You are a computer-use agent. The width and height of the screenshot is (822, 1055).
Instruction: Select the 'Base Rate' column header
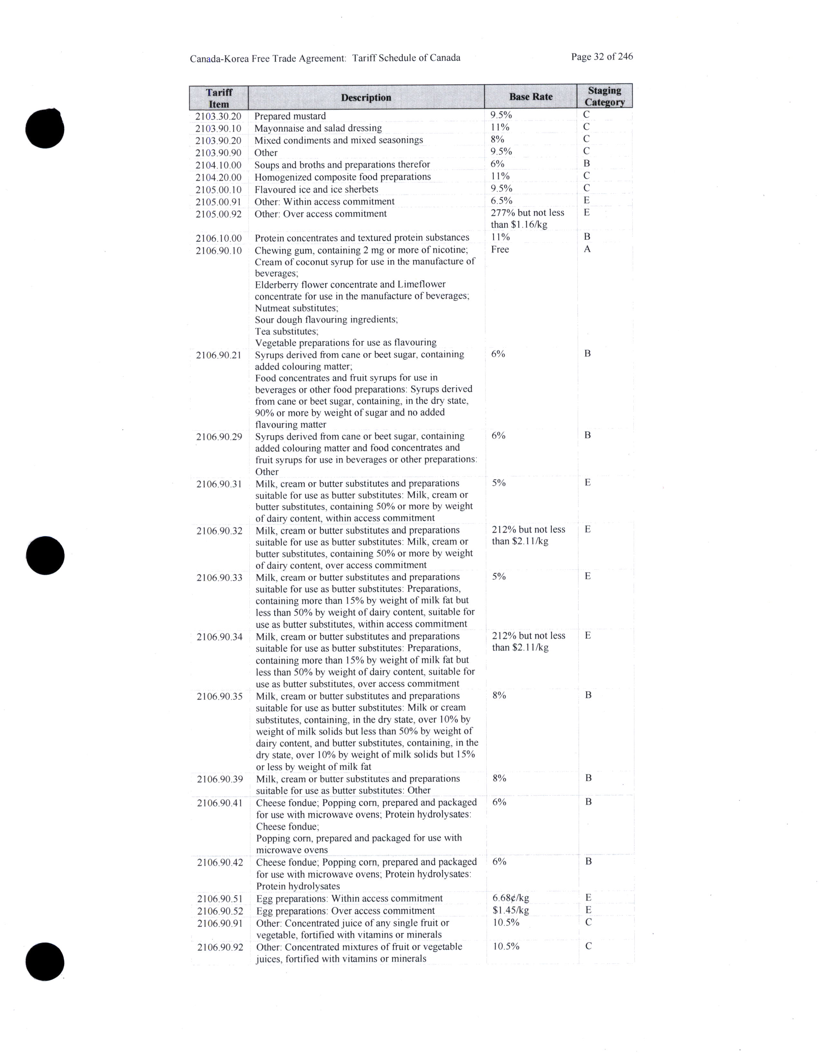[x=530, y=97]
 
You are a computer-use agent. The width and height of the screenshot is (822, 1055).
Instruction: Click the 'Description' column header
[x=366, y=98]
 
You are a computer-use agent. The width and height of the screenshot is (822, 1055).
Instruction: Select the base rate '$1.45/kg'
[x=510, y=910]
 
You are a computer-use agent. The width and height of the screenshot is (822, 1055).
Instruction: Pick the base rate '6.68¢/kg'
[x=510, y=898]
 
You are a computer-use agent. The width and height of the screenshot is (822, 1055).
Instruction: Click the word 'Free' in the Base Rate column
[x=500, y=249]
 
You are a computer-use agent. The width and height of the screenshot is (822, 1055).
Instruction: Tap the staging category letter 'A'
[x=587, y=249]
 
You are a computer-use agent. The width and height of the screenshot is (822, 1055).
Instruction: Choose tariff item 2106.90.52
[x=220, y=911]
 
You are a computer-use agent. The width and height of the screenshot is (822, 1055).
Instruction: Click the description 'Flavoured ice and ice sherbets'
[x=316, y=189]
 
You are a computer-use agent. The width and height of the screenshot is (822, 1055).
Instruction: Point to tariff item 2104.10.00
[x=218, y=165]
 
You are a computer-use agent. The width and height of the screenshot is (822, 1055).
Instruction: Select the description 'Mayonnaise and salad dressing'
[x=318, y=128]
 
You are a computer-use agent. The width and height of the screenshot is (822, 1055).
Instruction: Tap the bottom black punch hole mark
[x=45, y=961]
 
